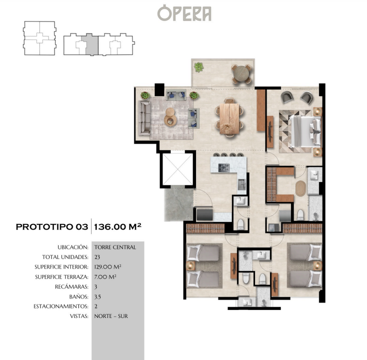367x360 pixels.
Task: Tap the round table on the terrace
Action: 241,73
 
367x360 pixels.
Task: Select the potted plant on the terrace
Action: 198,67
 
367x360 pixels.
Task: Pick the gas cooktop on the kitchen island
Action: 224,167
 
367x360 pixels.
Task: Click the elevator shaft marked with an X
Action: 177,169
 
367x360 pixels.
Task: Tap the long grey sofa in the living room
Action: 144,117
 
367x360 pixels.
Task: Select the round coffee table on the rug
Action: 170,117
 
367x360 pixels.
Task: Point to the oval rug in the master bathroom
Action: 300,188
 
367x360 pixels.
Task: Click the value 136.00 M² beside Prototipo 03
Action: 117,226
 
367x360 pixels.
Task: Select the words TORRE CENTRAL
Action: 115,247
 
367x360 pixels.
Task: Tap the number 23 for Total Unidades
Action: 97,257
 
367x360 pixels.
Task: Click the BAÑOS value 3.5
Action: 97,297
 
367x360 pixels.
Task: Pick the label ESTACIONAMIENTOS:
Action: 61,306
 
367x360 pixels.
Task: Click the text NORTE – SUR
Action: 111,316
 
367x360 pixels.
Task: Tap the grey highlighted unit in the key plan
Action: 91,44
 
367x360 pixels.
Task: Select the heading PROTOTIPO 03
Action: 52,226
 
